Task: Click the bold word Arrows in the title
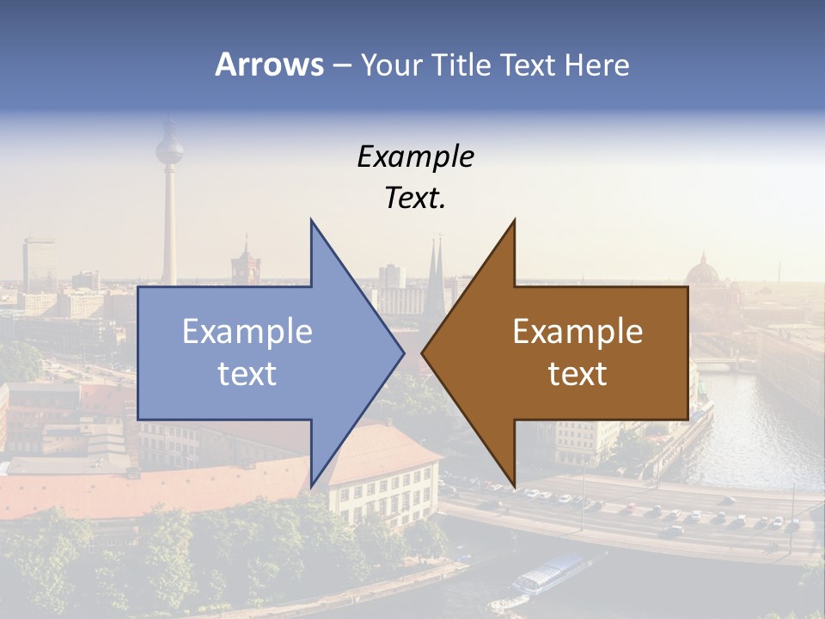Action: pyautogui.click(x=269, y=64)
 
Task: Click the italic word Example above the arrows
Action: pyautogui.click(x=415, y=156)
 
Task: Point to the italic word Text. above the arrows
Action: pyautogui.click(x=415, y=199)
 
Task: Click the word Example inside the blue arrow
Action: pyautogui.click(x=247, y=331)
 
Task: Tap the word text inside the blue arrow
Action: pyautogui.click(x=247, y=373)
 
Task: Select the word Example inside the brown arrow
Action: pyautogui.click(x=577, y=331)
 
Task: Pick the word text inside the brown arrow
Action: pyautogui.click(x=577, y=373)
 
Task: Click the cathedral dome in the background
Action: pyautogui.click(x=702, y=273)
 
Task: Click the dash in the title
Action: pyautogui.click(x=341, y=65)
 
